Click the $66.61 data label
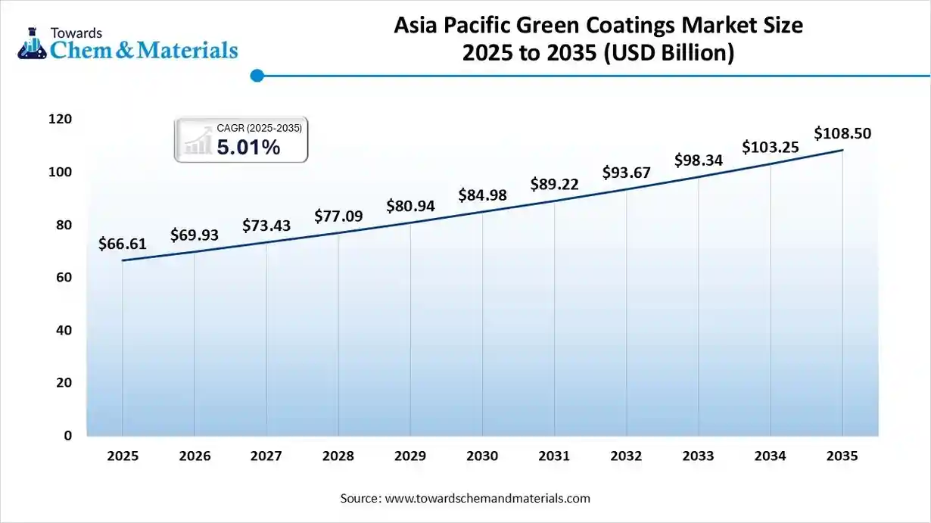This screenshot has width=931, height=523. coord(122,244)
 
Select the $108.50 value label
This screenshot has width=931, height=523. coord(842,134)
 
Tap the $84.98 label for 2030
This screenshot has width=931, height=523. coord(482,196)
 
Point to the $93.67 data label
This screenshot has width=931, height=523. coord(626,173)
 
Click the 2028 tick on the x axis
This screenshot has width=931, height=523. coord(338,456)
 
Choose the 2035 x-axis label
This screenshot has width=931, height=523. coord(842,456)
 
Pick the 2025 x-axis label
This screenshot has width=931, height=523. coord(122,456)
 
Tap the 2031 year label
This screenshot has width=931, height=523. coord(554,456)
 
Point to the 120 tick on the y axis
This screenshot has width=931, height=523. coord(61,120)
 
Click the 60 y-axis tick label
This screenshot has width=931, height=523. coord(64,278)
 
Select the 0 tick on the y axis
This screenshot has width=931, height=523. coord(68,436)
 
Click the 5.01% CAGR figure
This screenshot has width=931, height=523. coord(248,148)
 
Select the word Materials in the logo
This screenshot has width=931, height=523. coord(188,50)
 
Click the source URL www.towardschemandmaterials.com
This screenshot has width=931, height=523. coord(487,499)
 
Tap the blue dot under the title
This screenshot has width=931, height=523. coord(257,76)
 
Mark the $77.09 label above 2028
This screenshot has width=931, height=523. coord(338,216)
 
